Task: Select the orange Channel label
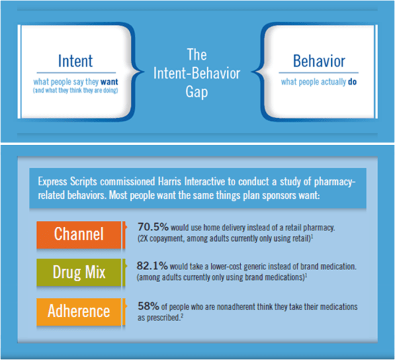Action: point(79,234)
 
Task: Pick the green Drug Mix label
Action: point(79,272)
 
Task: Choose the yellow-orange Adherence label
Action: point(79,311)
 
